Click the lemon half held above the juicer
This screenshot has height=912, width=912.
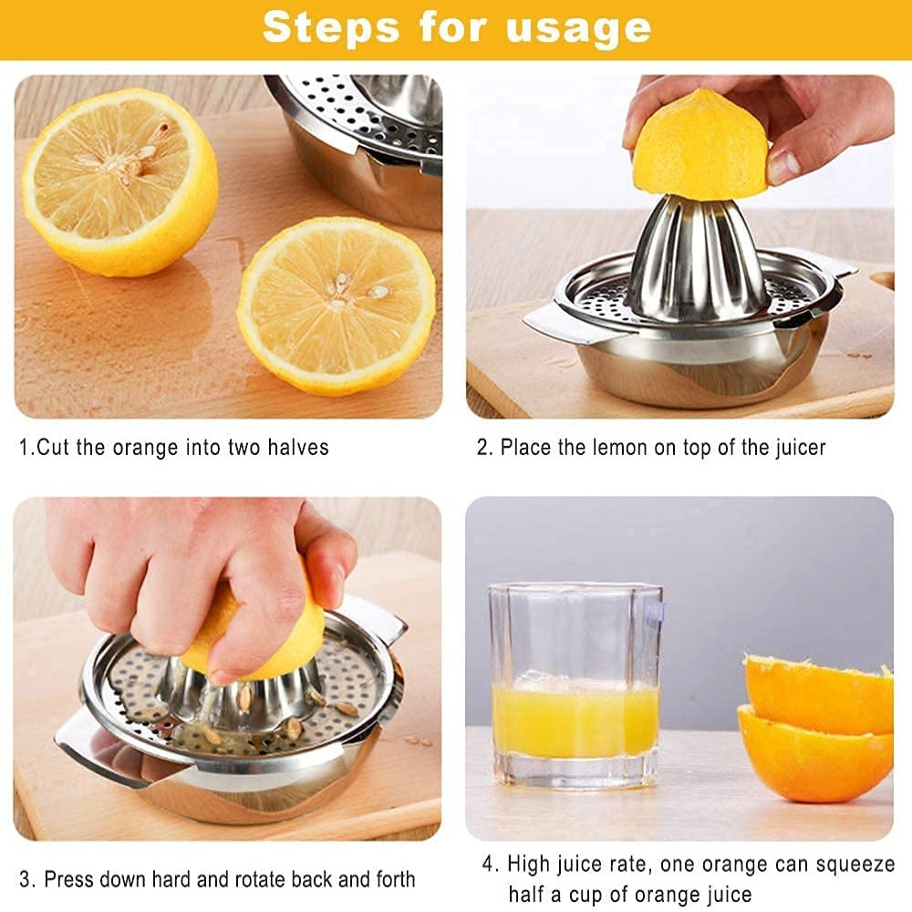pyautogui.click(x=701, y=146)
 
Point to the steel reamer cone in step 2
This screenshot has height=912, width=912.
pyautogui.click(x=698, y=264)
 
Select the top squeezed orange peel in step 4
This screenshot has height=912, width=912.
pyautogui.click(x=819, y=693)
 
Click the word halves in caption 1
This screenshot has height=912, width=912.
pyautogui.click(x=297, y=448)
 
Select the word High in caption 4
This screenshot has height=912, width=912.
pyautogui.click(x=528, y=864)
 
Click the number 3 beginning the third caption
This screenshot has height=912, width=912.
pyautogui.click(x=26, y=879)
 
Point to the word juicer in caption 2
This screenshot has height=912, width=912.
pyautogui.click(x=798, y=448)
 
